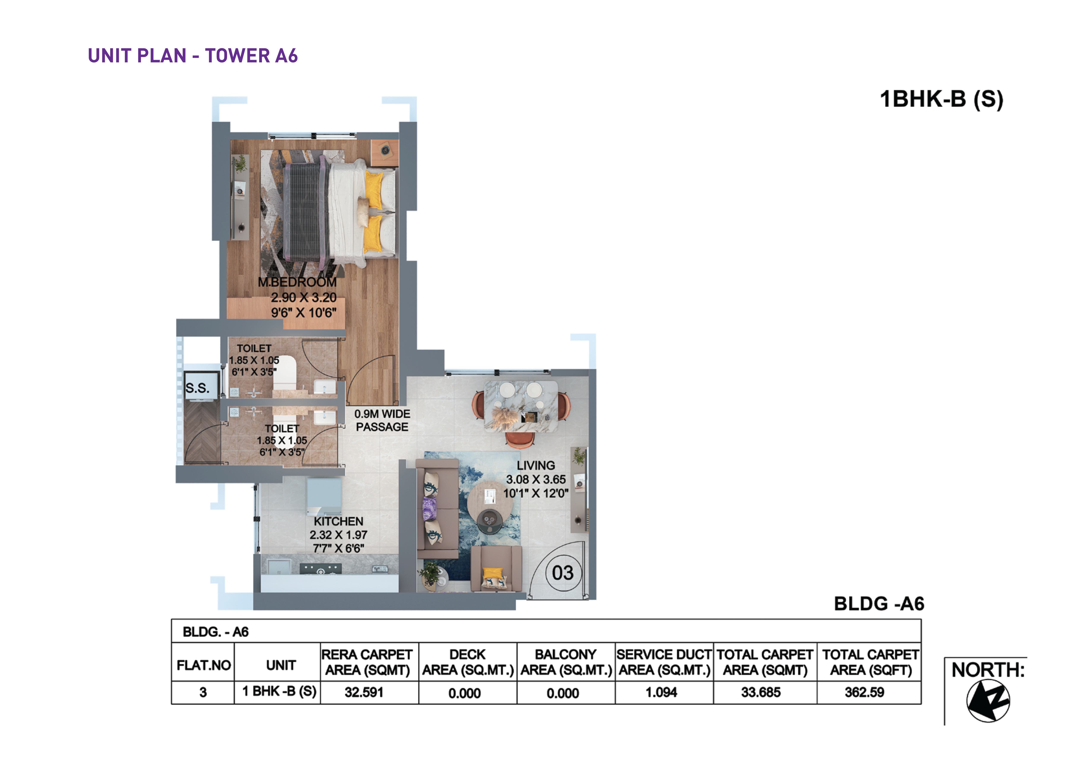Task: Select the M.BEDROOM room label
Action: (297, 282)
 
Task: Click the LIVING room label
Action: (536, 465)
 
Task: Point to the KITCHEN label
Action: (338, 521)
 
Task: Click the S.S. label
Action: (198, 388)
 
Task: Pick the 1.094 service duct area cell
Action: (661, 692)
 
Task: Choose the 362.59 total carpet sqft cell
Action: (864, 692)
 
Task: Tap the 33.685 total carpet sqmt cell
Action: (761, 692)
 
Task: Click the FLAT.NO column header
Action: (204, 665)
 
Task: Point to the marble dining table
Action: (521, 406)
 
